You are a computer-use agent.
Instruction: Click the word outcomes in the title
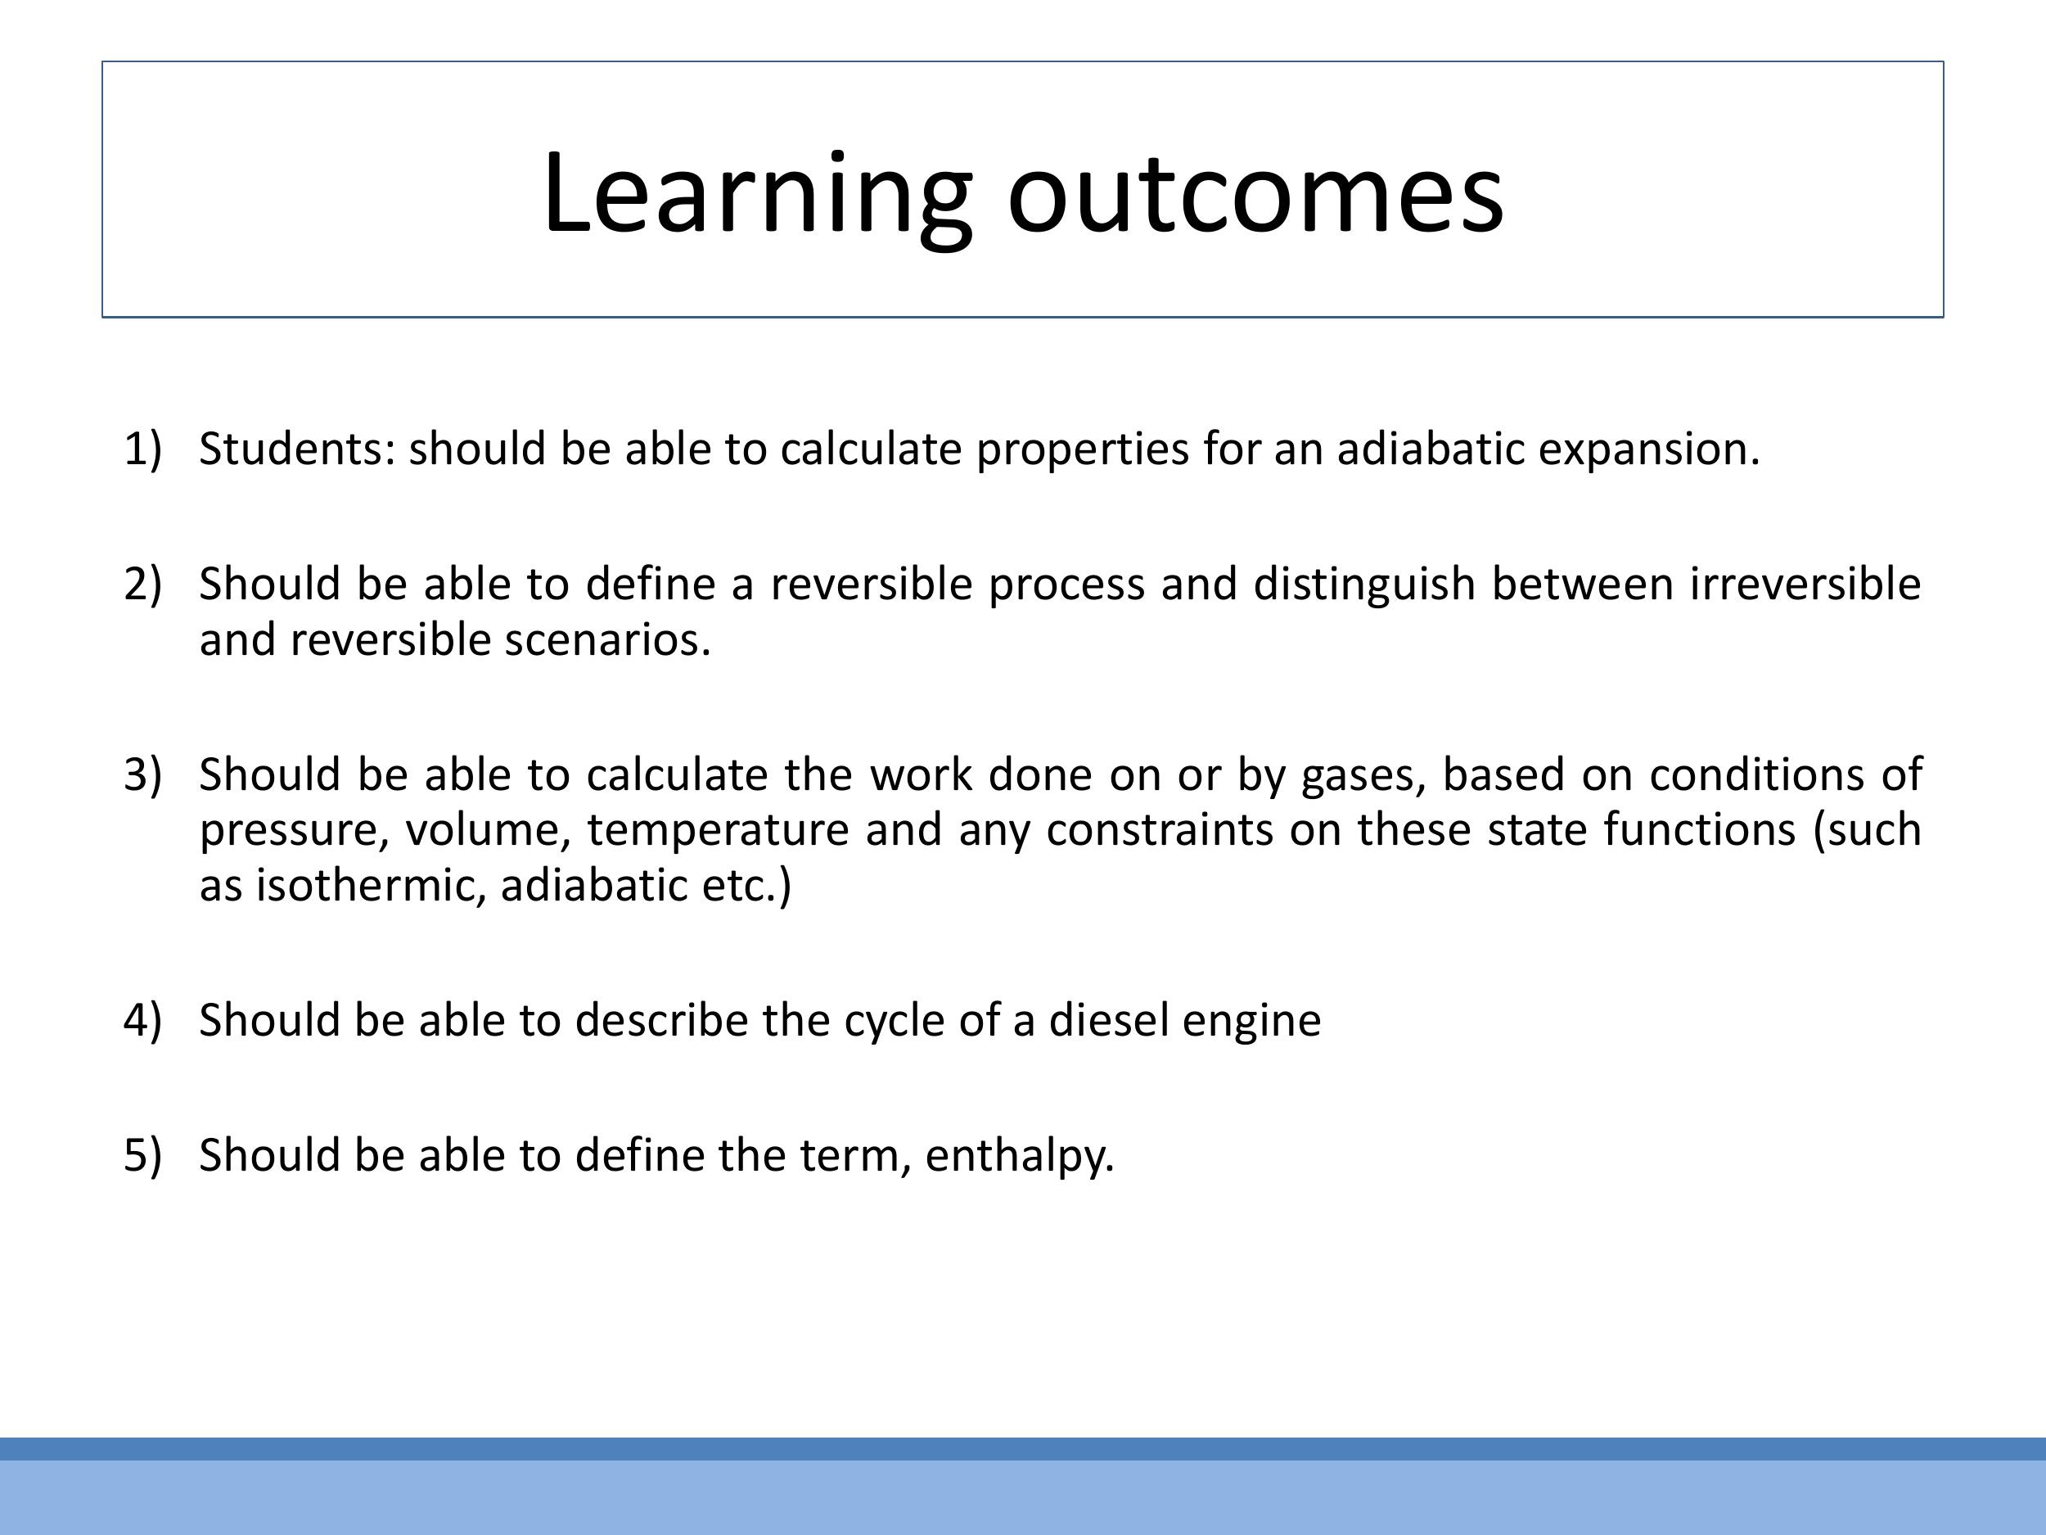(1255, 194)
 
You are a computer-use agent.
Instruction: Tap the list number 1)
(142, 449)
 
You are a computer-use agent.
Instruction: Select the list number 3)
(142, 774)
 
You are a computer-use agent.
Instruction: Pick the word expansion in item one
(1647, 449)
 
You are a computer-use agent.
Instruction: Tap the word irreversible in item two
(1805, 585)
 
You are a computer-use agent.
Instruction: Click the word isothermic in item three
(371, 887)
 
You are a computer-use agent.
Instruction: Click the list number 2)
(142, 585)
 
